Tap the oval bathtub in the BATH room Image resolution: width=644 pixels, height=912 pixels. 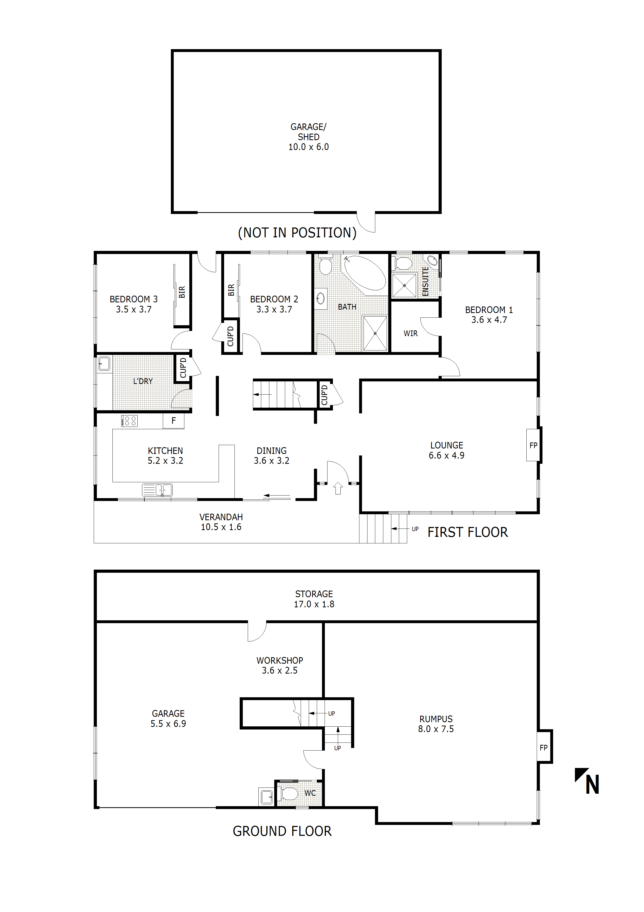coord(365,273)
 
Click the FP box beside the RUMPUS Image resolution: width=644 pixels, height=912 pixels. coord(544,747)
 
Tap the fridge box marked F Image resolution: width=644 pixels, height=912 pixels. coord(173,421)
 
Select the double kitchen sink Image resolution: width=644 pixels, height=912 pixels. coord(158,490)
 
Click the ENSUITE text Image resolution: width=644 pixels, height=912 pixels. coord(425,281)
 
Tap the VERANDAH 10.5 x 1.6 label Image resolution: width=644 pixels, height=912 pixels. coord(221,522)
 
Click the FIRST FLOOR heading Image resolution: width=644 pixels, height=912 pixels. coord(467,532)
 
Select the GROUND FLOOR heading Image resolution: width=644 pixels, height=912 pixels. coord(282,831)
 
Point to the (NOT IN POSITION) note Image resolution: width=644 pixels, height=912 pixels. coord(297,233)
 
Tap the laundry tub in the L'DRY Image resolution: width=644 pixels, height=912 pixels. coord(104,363)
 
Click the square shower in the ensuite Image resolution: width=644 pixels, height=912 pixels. coord(404,285)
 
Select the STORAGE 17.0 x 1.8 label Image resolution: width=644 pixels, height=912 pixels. coord(314,599)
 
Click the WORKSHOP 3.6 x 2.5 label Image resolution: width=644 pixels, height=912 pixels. coord(279,665)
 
